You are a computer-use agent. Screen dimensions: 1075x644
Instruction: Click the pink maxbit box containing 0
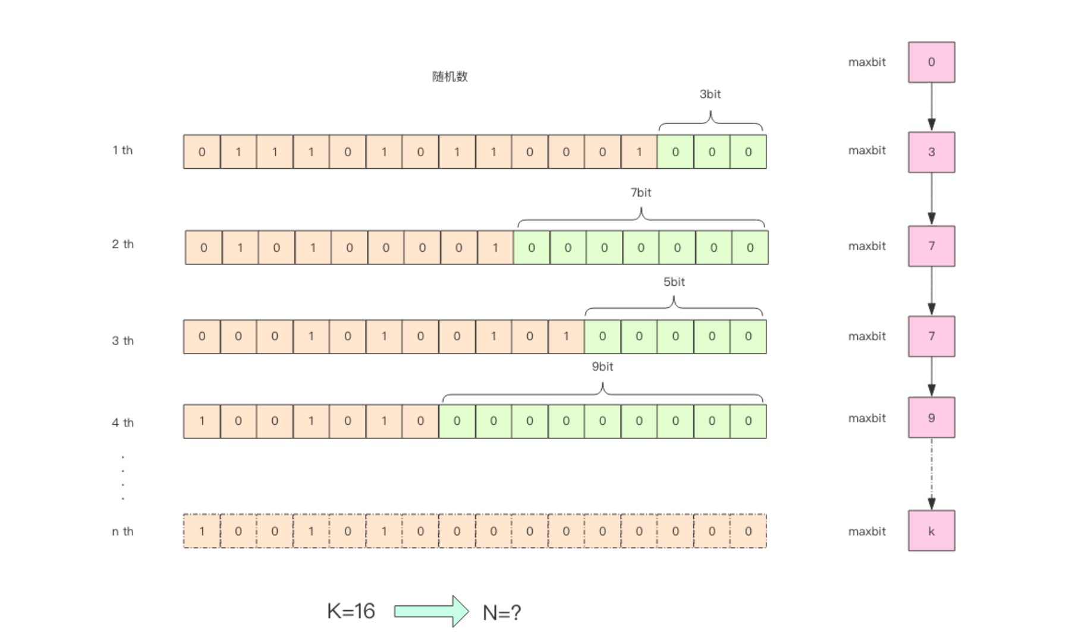[x=931, y=62]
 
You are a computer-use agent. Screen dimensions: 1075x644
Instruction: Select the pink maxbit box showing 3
[x=931, y=152]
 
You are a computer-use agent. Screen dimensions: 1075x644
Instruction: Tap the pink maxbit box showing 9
[x=931, y=418]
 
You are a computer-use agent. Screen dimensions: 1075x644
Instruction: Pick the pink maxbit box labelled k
[x=931, y=531]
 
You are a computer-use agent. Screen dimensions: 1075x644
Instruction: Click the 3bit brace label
[x=710, y=94]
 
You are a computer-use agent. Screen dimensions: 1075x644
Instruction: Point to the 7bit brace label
[x=640, y=192]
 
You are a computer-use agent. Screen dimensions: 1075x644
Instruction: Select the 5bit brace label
[x=674, y=282]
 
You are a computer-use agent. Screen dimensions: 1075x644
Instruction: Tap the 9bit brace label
[x=602, y=367]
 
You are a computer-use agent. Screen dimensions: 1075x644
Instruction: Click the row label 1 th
[x=122, y=150]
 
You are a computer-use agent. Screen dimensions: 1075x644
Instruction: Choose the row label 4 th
[x=122, y=422]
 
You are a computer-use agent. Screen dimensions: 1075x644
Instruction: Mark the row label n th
[x=122, y=531]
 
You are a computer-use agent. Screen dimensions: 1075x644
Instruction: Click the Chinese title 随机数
[x=450, y=77]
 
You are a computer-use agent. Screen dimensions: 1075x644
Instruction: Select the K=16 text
[x=351, y=611]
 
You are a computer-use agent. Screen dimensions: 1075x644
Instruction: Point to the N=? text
[x=502, y=613]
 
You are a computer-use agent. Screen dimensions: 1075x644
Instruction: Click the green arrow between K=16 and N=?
[x=431, y=611]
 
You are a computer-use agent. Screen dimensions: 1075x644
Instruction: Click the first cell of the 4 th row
[x=202, y=421]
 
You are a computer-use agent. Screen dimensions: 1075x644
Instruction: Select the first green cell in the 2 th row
[x=532, y=247]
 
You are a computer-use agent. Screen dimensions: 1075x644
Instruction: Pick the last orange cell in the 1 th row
[x=639, y=152]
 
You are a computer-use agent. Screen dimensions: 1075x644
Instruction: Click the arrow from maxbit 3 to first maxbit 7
[x=931, y=199]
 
